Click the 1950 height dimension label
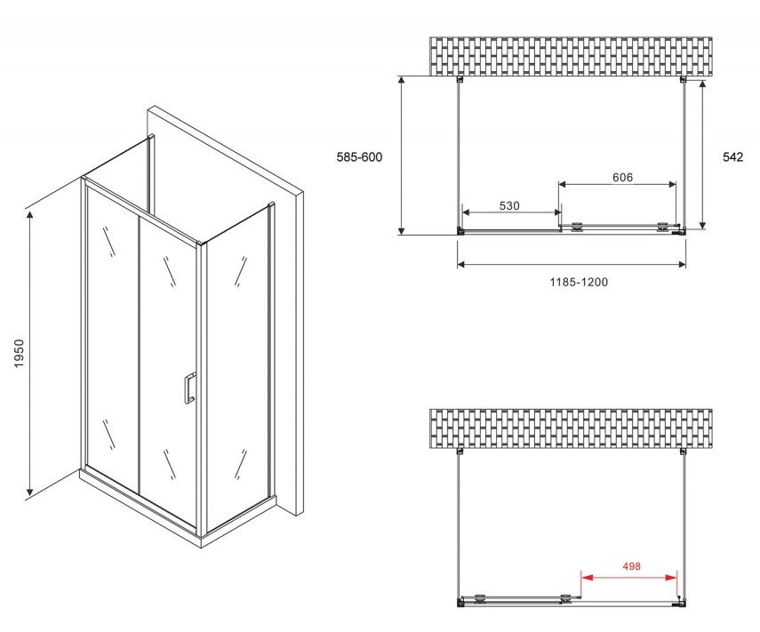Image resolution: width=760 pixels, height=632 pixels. tap(19, 353)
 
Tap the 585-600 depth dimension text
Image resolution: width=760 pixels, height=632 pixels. tap(359, 157)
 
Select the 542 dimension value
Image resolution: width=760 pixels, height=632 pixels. tap(732, 157)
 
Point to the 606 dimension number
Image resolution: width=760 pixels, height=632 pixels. tap(622, 178)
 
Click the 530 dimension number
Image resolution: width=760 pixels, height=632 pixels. tap(509, 205)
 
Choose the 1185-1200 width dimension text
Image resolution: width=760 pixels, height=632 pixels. tap(579, 282)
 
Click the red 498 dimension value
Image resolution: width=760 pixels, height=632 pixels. tap(632, 566)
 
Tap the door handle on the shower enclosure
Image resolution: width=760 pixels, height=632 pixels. tap(189, 388)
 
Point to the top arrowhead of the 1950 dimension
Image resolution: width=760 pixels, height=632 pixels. tap(29, 216)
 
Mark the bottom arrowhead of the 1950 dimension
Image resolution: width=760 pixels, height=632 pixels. tap(29, 492)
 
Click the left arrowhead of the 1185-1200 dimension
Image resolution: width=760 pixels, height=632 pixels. tap(461, 264)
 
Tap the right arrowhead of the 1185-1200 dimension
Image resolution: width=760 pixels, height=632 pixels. tap(682, 264)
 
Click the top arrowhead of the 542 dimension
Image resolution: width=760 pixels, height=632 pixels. tap(702, 86)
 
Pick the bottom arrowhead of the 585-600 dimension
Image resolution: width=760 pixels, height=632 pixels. tap(401, 229)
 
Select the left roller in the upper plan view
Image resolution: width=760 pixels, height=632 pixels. tap(577, 227)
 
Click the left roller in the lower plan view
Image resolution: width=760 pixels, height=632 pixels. tap(480, 598)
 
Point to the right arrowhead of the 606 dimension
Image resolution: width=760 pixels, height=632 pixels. tap(672, 184)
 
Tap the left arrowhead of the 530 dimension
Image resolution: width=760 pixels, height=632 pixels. tap(467, 212)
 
